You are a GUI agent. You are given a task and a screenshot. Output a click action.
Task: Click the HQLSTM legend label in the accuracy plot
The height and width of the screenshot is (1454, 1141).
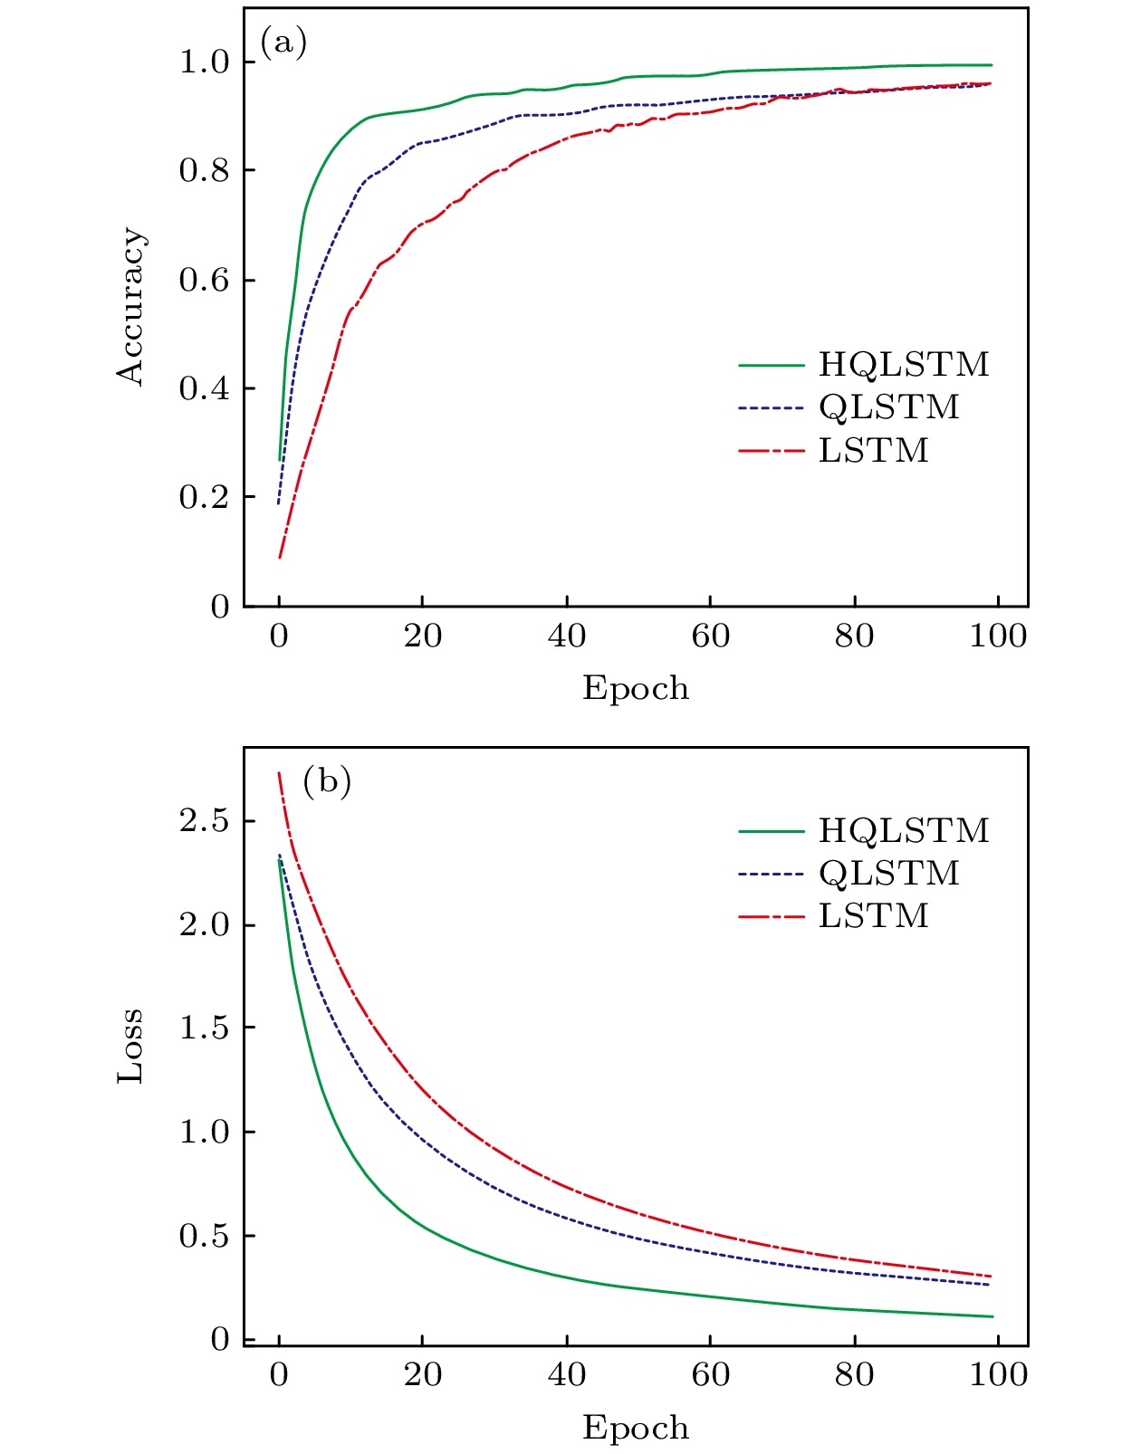[903, 365]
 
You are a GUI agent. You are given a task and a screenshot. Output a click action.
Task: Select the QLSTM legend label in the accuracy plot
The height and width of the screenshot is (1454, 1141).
[888, 407]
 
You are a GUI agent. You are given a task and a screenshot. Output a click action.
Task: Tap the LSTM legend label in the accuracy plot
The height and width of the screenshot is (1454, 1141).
[873, 451]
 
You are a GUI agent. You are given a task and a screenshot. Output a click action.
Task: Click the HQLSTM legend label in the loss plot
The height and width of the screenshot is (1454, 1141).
[903, 831]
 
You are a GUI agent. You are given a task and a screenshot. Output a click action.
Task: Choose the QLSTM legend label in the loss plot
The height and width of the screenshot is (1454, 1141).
[888, 874]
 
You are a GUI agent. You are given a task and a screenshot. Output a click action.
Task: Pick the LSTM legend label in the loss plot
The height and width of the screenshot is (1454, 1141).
[873, 916]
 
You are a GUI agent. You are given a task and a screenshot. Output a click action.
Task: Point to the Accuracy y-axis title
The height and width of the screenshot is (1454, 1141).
[130, 307]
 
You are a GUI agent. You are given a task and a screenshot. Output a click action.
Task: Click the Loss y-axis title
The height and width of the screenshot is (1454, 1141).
[130, 1045]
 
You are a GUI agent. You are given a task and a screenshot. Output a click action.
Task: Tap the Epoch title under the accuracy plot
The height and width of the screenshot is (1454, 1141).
[635, 689]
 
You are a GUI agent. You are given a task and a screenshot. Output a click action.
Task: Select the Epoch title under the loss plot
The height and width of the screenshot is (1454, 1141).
[635, 1428]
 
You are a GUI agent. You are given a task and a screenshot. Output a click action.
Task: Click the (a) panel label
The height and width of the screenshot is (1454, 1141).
[283, 43]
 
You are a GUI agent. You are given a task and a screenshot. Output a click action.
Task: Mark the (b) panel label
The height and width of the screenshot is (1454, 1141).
[326, 780]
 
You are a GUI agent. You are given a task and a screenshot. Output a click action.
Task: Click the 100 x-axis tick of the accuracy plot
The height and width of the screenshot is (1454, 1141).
[998, 636]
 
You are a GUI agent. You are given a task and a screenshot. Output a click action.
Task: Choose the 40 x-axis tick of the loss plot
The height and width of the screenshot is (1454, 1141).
[567, 1375]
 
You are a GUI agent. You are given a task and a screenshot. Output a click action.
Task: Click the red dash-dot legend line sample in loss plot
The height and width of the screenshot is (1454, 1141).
[771, 917]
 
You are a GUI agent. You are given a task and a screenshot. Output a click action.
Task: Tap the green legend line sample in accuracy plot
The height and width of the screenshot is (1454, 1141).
[771, 366]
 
